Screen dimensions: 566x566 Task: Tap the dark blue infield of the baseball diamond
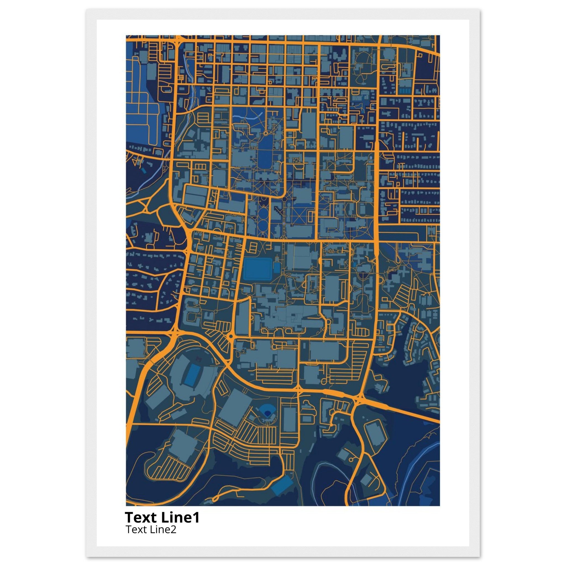pyautogui.click(x=267, y=413)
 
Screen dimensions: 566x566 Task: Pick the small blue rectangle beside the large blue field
pyautogui.click(x=277, y=268)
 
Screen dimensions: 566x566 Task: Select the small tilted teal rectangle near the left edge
pyautogui.click(x=143, y=170)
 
